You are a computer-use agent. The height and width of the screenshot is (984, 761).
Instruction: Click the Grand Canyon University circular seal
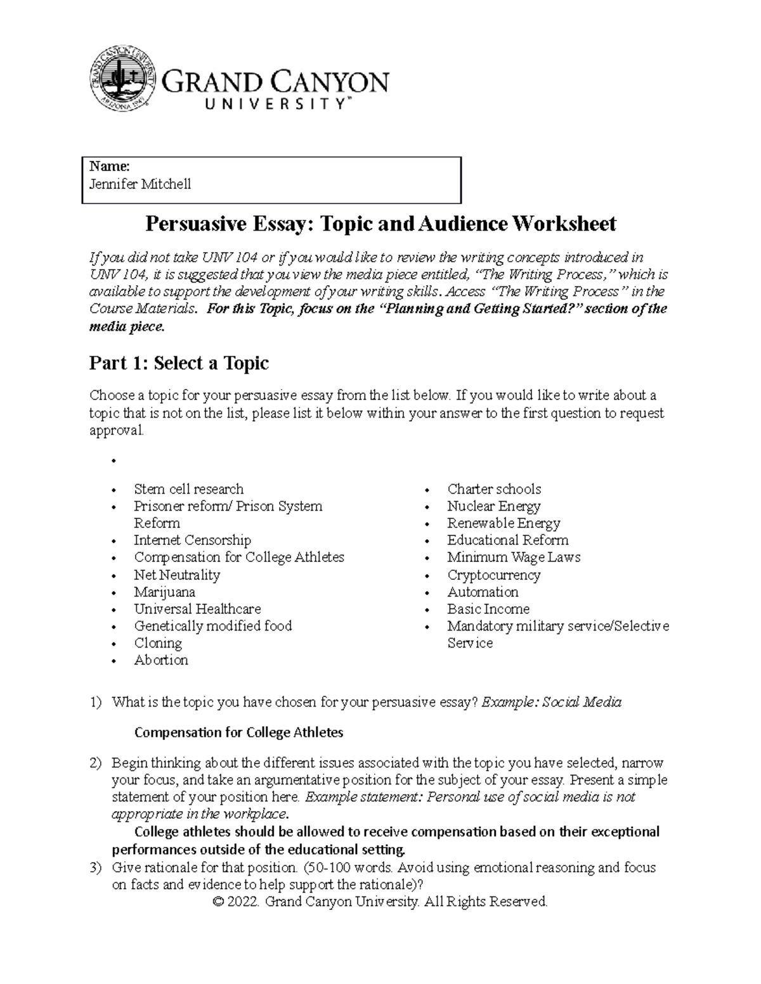coord(122,77)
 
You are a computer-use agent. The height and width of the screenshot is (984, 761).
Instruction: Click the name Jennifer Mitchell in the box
coord(140,184)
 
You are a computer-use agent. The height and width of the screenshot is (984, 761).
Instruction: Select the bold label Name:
coord(110,167)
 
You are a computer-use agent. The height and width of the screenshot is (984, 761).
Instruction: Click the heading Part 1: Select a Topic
coord(179,363)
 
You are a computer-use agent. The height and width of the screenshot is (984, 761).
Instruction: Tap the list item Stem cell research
coord(188,489)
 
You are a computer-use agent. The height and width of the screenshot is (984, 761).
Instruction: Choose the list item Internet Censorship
coord(192,540)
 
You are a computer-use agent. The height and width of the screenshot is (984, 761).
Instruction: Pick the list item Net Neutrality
coord(177,575)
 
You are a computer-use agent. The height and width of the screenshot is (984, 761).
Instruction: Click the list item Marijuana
coord(164,592)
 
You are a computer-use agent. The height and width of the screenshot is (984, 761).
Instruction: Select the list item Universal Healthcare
coord(197,609)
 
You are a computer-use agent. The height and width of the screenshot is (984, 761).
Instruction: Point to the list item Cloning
coord(158,643)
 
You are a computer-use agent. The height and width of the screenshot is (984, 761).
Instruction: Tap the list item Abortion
coord(161,660)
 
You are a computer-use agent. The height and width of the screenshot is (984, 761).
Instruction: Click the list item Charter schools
coord(494,489)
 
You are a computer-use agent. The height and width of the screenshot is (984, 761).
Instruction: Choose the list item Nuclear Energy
coord(493,506)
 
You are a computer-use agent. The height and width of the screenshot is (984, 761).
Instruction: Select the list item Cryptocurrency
coord(493,575)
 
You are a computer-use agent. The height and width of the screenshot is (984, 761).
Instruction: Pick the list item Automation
coord(483,592)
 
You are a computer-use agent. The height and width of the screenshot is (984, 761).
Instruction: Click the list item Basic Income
coord(488,609)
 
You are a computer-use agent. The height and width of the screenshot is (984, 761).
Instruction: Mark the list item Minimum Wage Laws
coord(513,558)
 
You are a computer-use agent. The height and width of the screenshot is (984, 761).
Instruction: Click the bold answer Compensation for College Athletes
coord(239,732)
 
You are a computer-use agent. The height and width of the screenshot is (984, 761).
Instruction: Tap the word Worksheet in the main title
coord(564,224)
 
